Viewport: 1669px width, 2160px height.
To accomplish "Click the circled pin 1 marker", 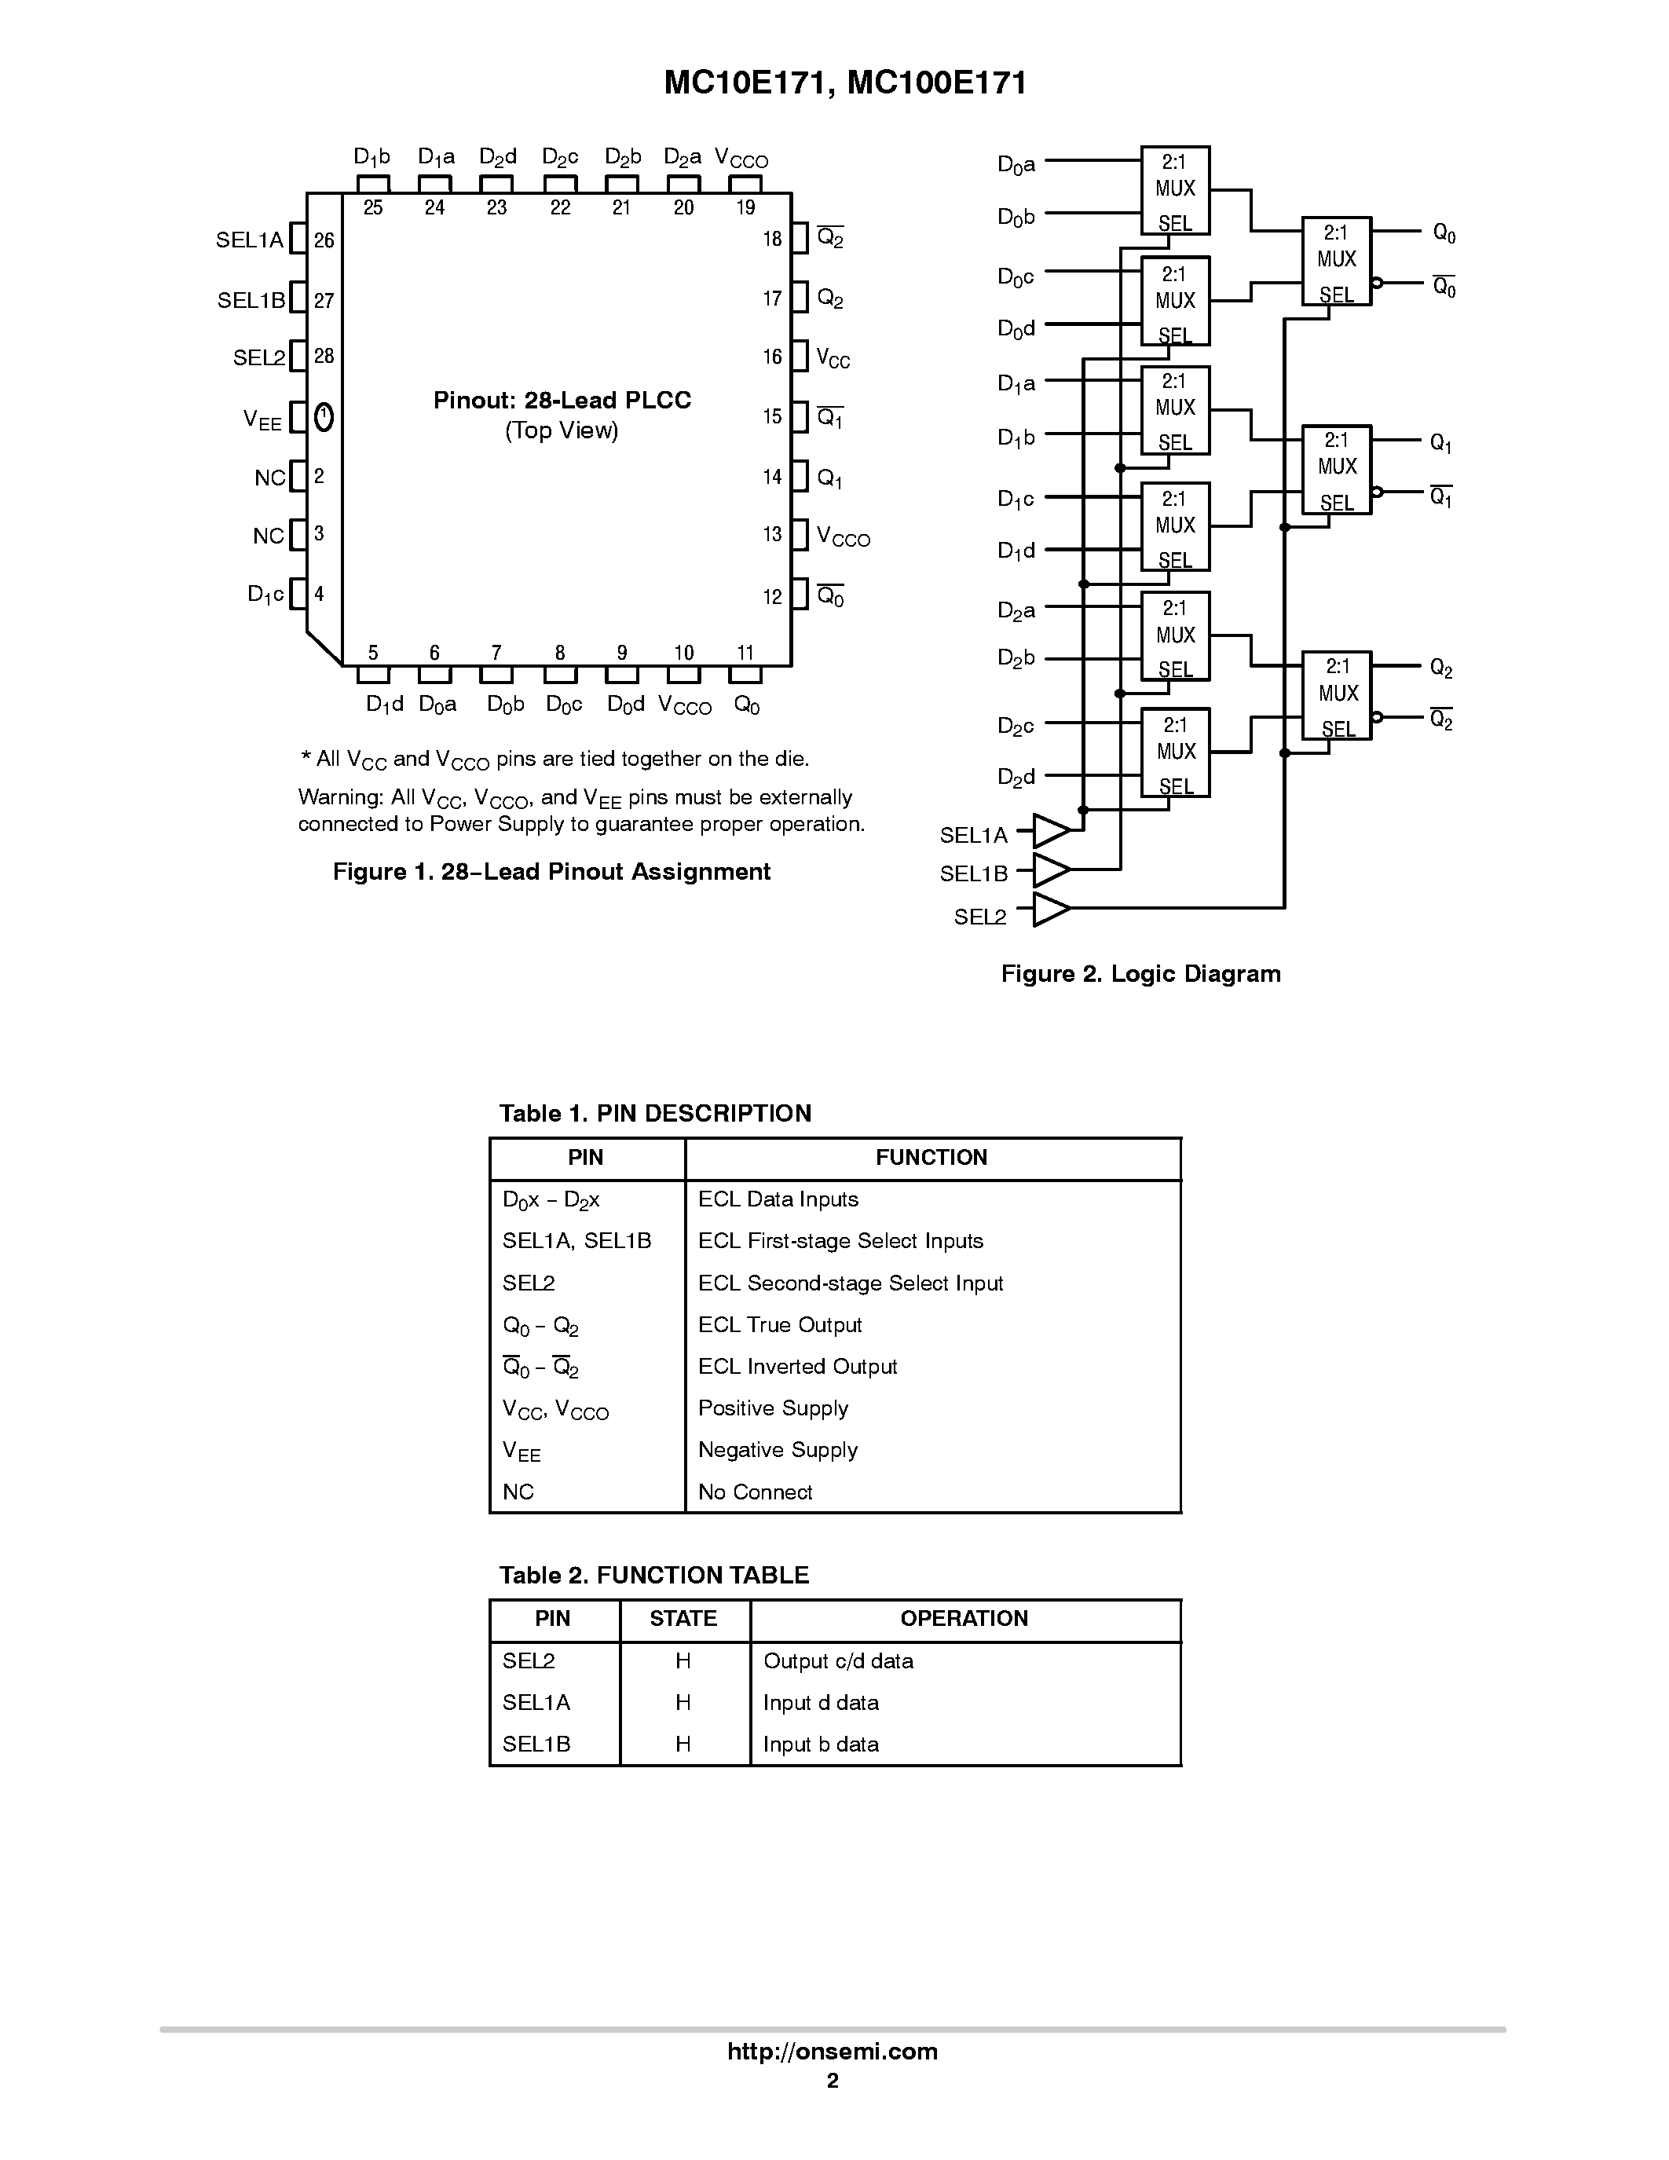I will point(324,417).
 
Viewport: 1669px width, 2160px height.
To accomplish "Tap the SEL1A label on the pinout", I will point(249,240).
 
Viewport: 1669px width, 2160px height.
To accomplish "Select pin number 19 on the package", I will point(745,207).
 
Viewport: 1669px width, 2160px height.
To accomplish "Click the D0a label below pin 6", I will point(437,705).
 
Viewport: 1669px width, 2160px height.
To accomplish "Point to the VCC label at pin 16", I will point(833,358).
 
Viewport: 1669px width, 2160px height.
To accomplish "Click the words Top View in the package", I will point(562,430).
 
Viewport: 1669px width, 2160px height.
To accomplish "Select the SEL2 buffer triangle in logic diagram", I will point(1051,907).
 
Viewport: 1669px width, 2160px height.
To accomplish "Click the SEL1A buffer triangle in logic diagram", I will point(1051,831).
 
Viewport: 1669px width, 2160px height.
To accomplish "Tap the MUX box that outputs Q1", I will point(1336,470).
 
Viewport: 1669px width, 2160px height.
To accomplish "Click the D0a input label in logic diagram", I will point(1016,164).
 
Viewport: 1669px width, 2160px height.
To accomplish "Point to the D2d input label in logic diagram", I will point(1016,778).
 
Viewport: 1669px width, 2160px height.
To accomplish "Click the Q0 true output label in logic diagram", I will point(1444,233).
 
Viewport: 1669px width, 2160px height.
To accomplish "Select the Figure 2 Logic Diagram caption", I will point(1140,974).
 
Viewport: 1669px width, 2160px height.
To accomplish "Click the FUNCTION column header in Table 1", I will point(931,1157).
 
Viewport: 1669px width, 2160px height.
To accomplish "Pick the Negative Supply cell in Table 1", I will point(777,1450).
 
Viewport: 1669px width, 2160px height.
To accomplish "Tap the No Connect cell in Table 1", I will point(755,1492).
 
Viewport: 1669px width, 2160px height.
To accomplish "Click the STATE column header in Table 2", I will point(683,1618).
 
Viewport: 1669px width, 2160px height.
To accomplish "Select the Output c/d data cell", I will point(837,1660).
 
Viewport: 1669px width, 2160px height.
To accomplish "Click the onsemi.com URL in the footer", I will point(832,2051).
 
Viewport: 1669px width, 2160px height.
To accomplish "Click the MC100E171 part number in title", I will point(937,83).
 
